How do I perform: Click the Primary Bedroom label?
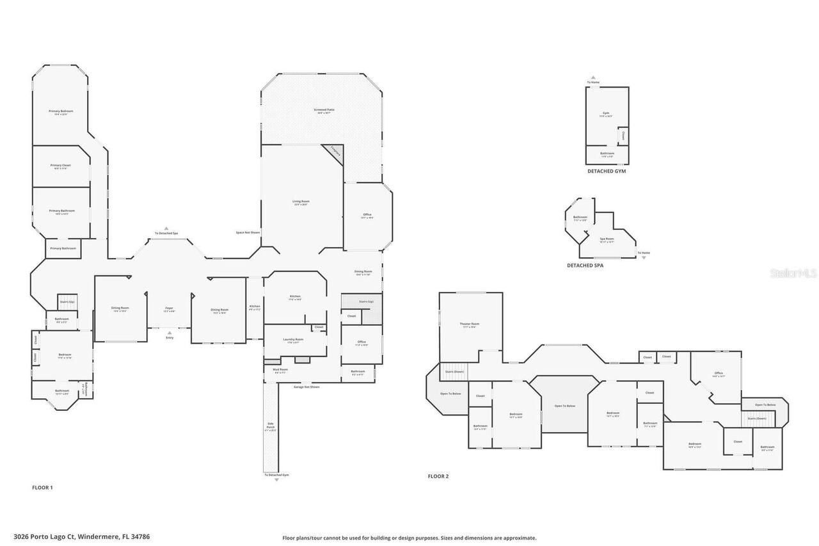(61, 111)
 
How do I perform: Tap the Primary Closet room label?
(61, 166)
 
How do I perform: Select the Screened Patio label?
(324, 110)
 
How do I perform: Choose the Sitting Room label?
(120, 309)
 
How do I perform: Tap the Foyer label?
(169, 309)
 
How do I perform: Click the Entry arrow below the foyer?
(169, 333)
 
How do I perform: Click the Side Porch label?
(270, 425)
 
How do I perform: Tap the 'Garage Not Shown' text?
(306, 387)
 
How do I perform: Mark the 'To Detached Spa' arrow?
(166, 229)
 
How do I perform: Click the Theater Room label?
(470, 325)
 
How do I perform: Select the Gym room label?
(605, 113)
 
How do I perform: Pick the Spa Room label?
(607, 239)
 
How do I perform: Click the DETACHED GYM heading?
(606, 172)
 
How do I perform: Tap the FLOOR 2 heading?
(438, 476)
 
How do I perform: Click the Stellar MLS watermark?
(793, 273)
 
